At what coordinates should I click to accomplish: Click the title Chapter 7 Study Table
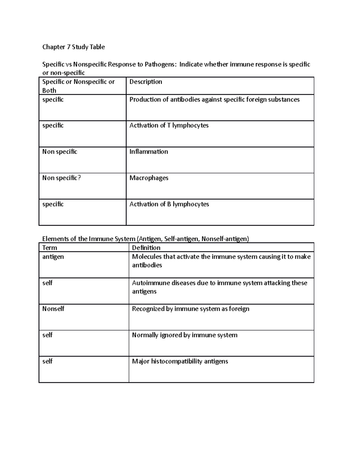(73, 47)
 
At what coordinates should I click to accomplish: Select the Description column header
(145, 82)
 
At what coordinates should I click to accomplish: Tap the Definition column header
(146, 248)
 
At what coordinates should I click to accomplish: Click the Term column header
(49, 248)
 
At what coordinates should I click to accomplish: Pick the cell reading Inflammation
(148, 152)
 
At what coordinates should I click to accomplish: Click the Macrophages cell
(149, 178)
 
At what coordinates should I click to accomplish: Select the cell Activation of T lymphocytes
(169, 125)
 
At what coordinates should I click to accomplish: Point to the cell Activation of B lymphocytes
(169, 204)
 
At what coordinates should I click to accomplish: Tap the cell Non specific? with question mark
(61, 178)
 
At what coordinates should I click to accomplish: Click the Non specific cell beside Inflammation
(60, 152)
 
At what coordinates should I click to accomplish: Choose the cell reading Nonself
(53, 309)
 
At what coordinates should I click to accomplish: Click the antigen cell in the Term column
(53, 257)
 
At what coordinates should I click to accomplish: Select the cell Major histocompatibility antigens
(180, 361)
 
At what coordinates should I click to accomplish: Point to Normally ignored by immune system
(184, 335)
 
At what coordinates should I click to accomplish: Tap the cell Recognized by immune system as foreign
(190, 309)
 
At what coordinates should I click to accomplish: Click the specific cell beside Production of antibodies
(53, 100)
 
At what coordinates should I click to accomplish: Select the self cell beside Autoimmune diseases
(47, 283)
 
